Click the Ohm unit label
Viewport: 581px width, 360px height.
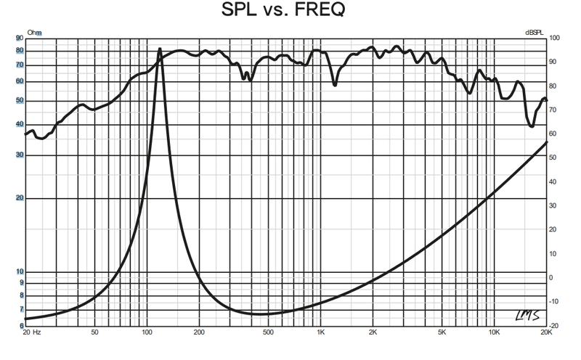pos(34,33)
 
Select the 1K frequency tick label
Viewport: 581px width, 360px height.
pos(320,332)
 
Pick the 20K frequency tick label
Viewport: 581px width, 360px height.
pos(546,332)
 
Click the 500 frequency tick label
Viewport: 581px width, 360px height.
pos(268,332)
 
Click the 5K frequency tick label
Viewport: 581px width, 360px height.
pos(442,332)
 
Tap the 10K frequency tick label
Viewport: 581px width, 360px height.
pos(494,332)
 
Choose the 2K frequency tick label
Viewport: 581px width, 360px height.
pos(372,332)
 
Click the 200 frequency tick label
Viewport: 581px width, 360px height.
pos(198,332)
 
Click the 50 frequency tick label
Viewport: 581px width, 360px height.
pos(94,332)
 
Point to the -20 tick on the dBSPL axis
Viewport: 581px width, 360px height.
pos(554,325)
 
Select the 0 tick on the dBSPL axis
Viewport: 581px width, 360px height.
pos(552,277)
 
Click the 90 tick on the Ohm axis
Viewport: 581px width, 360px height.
pos(19,38)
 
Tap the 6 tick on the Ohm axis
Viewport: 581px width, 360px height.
pos(21,325)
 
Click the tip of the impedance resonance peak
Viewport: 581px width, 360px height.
pos(160,49)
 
